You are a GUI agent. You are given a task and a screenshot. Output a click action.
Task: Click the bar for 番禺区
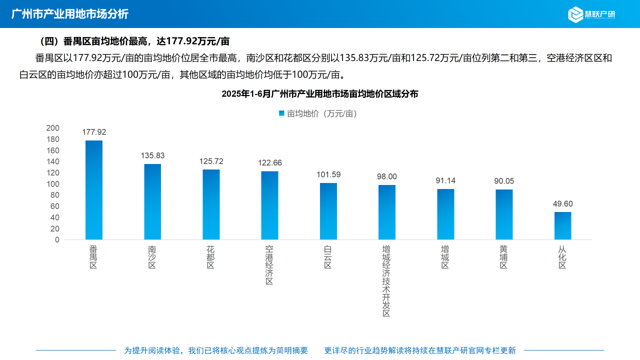[x=94, y=190]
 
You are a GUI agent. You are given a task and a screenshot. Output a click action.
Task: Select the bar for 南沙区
[x=152, y=201]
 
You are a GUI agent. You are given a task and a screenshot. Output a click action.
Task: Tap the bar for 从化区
[x=562, y=225]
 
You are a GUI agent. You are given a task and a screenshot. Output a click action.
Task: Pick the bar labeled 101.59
[x=328, y=211]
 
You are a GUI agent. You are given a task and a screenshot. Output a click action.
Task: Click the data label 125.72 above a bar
[x=211, y=161]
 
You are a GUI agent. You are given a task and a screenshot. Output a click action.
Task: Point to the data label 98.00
[x=387, y=176]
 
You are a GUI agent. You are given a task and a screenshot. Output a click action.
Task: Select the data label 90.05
[x=504, y=181]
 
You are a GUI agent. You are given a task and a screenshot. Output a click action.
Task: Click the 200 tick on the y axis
[x=52, y=128]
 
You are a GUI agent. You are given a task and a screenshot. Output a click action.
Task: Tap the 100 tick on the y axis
[x=52, y=184]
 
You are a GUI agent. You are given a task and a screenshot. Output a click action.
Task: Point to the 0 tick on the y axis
[x=57, y=240]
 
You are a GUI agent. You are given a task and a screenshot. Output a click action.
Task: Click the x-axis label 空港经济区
[x=269, y=265]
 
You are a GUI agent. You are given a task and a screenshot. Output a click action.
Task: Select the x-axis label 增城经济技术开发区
[x=386, y=280]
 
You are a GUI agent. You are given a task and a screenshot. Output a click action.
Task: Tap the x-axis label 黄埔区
[x=504, y=257]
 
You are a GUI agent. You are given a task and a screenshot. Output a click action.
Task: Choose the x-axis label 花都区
[x=211, y=257]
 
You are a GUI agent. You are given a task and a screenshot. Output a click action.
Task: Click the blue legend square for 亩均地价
[x=281, y=113]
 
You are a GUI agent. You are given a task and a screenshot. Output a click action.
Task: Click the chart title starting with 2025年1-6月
[x=320, y=93]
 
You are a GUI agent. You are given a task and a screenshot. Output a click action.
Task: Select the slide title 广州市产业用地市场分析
[x=70, y=14]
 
